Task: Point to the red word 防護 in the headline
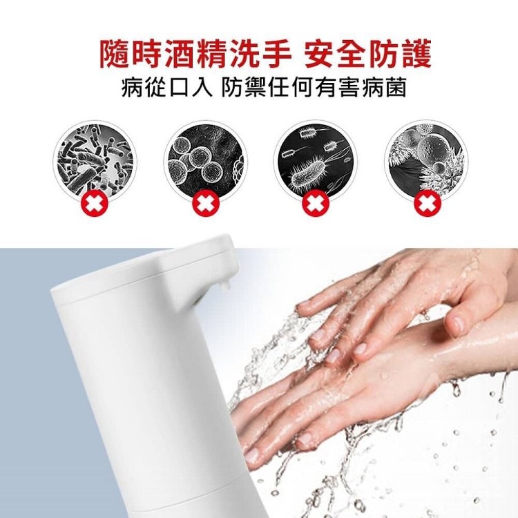pos(400,54)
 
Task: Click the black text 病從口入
pos(167,88)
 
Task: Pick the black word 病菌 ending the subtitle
pos(384,88)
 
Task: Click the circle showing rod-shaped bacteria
pos(93,160)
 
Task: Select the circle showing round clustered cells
pos(206,160)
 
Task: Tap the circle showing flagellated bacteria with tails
pos(316,160)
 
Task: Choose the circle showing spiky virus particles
pos(427,160)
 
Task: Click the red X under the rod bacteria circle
pos(95,202)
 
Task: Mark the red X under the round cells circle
pos(206,202)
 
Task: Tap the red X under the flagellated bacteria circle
pos(316,202)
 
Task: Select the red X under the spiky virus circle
pos(428,202)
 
